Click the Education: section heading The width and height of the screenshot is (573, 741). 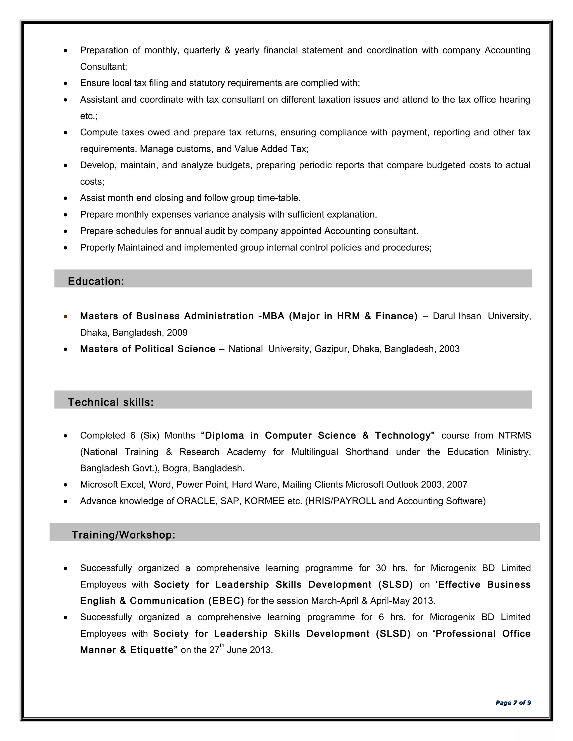(x=96, y=281)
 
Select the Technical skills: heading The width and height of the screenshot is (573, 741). (x=111, y=402)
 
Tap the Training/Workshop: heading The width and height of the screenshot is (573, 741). (x=123, y=535)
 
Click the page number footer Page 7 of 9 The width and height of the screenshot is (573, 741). (x=513, y=703)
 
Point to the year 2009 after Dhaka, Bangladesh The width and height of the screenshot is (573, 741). (x=177, y=332)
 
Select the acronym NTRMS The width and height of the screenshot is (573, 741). (x=514, y=435)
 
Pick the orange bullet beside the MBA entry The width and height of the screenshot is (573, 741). (x=65, y=316)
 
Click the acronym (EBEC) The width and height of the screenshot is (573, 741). (x=226, y=601)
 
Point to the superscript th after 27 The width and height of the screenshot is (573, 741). (x=222, y=646)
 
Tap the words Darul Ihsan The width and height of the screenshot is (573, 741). (x=457, y=316)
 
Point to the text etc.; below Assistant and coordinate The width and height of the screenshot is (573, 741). (x=89, y=116)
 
